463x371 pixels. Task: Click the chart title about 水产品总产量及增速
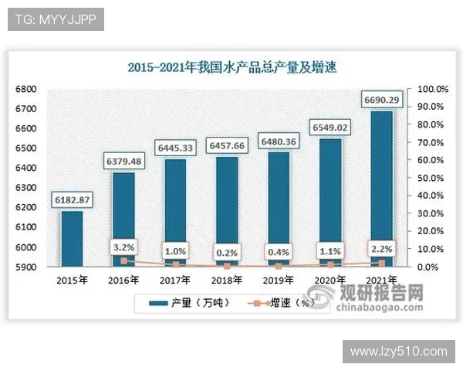pos(231,67)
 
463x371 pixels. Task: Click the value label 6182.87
pos(72,201)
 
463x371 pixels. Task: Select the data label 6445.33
pos(175,148)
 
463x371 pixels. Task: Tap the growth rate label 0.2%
pos(227,252)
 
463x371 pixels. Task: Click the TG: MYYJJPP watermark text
pos(56,19)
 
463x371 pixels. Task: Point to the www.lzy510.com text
pos(398,351)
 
